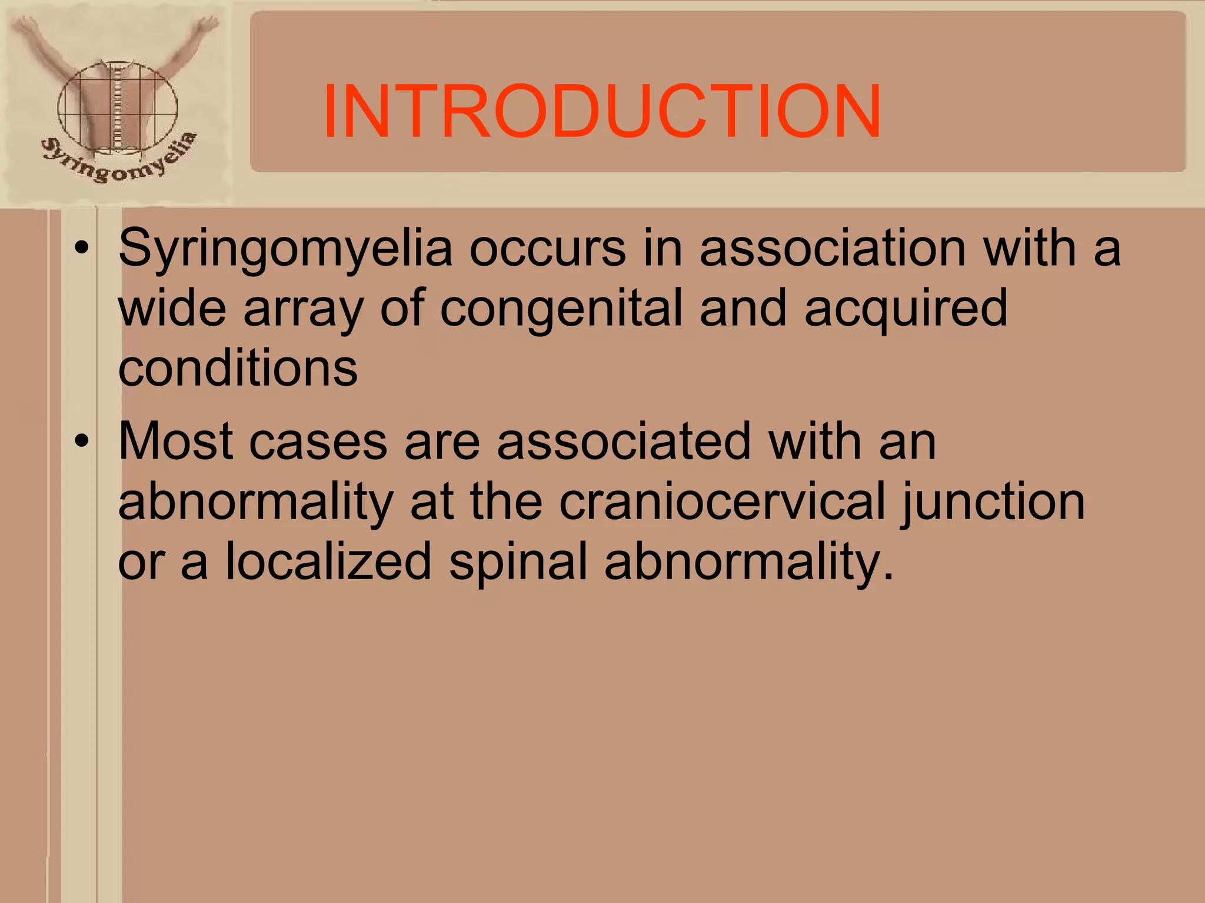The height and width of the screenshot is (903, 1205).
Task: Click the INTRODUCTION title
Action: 601,112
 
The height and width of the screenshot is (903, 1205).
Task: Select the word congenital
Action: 561,309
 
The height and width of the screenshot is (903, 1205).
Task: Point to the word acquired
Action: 906,309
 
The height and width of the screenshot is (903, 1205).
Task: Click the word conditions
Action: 238,369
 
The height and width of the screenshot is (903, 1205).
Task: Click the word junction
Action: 993,501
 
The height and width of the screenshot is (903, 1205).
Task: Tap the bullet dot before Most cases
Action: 82,441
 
